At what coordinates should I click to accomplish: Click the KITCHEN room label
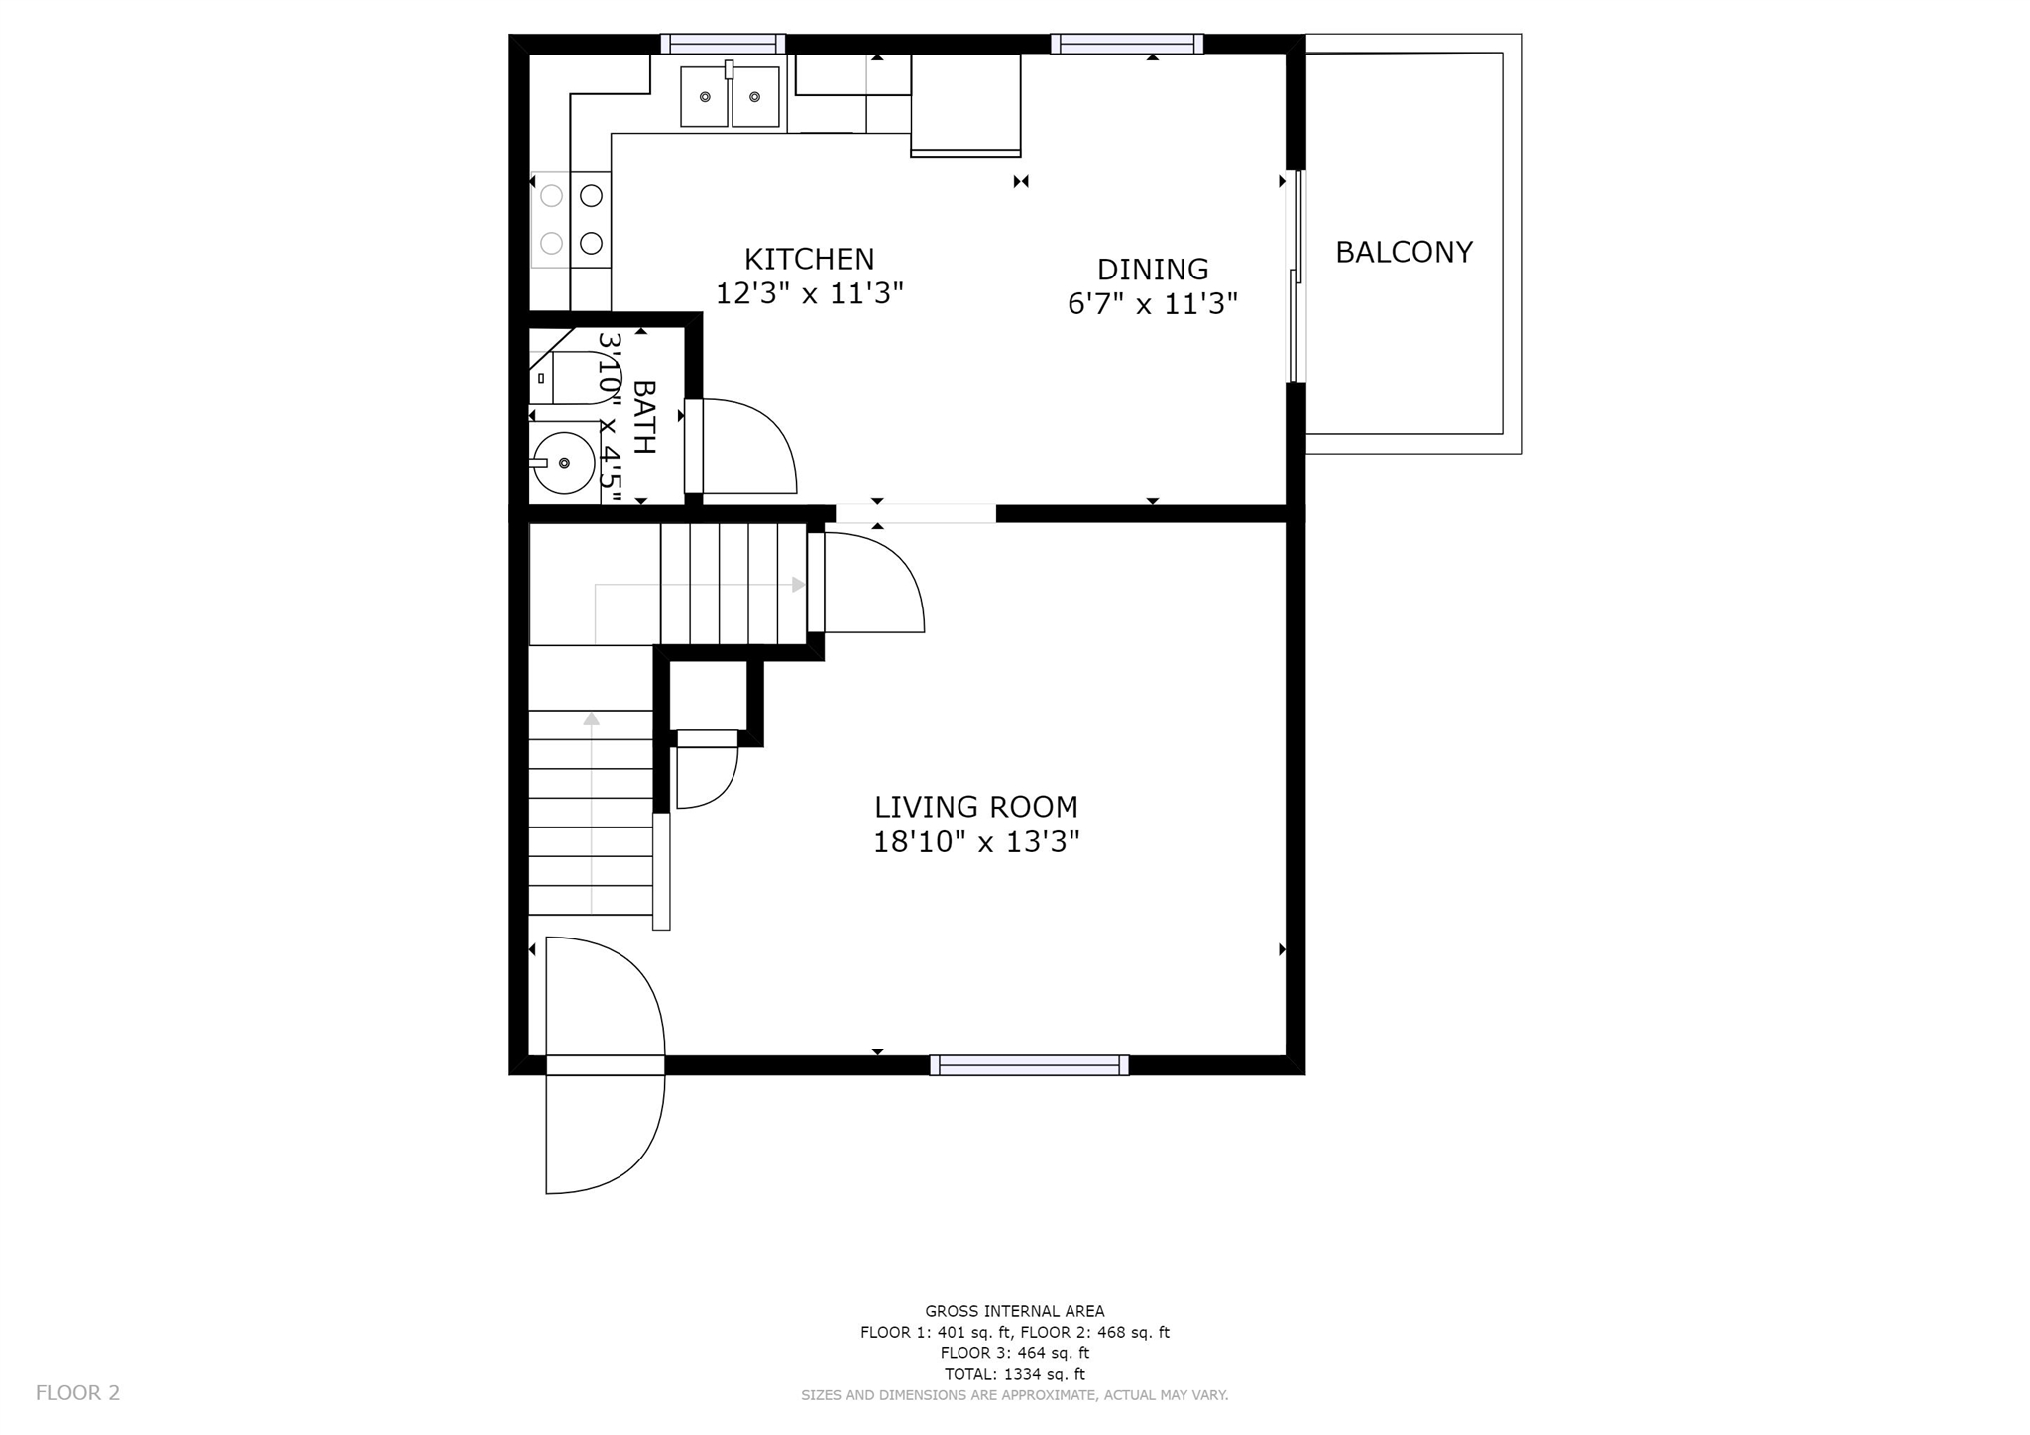point(809,260)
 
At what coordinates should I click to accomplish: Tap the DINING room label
point(1153,270)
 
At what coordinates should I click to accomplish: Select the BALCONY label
point(1404,252)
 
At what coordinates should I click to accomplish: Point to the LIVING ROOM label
point(976,807)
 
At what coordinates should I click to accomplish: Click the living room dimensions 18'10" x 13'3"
point(976,842)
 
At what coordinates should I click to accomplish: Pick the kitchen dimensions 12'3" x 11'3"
point(809,294)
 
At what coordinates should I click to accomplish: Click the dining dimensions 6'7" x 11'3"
point(1153,303)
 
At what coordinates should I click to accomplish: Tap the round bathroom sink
point(564,463)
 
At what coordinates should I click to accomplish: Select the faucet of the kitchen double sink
point(729,69)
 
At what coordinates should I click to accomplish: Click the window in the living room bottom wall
point(1029,1065)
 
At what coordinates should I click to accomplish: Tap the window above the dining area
point(1127,44)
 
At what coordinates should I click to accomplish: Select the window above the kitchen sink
point(723,44)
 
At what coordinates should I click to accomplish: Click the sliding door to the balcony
point(1296,276)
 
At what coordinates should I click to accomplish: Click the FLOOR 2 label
point(77,1393)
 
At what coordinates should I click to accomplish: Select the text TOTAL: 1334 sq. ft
point(1015,1374)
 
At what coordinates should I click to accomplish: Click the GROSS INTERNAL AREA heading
point(1015,1311)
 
